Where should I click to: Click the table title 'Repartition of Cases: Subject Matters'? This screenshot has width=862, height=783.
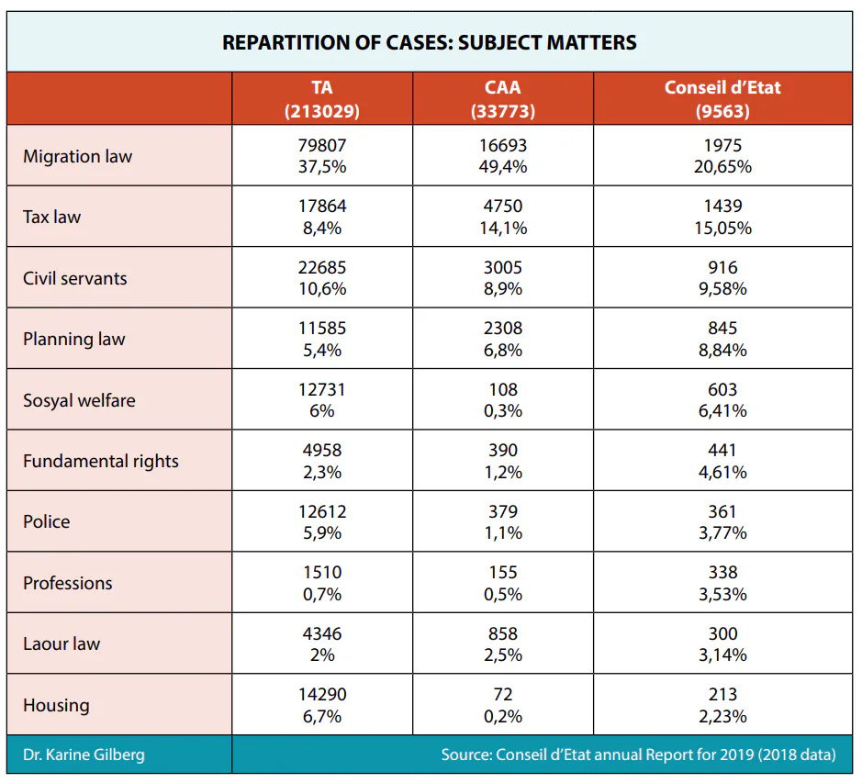430,42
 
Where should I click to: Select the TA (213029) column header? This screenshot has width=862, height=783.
322,99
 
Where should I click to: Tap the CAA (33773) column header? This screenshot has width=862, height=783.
503,99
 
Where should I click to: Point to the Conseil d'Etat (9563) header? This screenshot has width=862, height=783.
722,99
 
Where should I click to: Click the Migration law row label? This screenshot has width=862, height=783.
77,156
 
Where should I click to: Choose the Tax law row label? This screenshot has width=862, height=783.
51,217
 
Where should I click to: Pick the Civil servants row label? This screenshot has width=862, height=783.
74,278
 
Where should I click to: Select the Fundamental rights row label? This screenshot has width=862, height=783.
101,461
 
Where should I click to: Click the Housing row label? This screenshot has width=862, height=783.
56,705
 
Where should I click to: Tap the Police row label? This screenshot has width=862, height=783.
46,521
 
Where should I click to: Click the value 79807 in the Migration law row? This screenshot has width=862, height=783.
322,145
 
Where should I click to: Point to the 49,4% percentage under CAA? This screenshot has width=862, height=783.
503,167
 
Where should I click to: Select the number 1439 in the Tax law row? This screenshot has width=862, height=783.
722,207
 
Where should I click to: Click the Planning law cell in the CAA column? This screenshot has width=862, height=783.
503,339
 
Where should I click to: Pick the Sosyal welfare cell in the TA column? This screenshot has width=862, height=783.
322,399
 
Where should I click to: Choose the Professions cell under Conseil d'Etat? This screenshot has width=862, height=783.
722,583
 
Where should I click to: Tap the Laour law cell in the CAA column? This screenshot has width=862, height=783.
503,643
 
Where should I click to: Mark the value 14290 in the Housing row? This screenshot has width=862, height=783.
322,695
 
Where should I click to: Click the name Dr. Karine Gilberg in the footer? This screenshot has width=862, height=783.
84,755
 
